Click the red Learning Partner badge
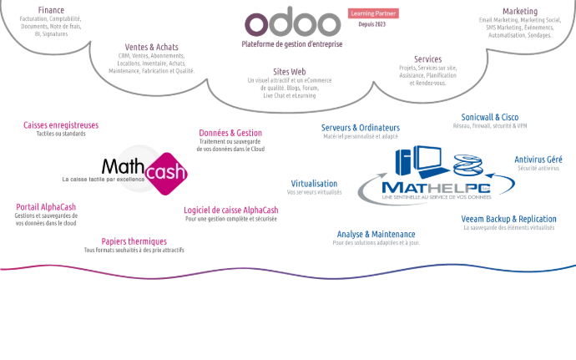[372, 13]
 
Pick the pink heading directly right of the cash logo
[230, 132]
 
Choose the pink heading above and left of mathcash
[61, 126]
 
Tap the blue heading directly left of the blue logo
[315, 183]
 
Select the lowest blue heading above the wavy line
[375, 233]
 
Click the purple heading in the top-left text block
[52, 10]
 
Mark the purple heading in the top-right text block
[521, 11]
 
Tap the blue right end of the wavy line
[570, 265]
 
